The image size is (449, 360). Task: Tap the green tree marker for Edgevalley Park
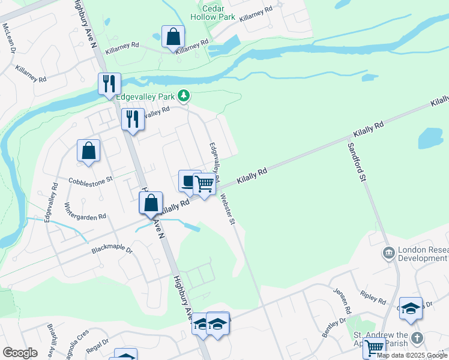(185, 95)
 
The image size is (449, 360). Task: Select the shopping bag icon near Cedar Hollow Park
(173, 37)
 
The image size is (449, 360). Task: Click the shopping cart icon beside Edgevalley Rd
(204, 184)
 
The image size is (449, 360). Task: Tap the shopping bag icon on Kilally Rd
(151, 203)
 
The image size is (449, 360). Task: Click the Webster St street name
(227, 209)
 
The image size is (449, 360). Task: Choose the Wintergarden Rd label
(85, 211)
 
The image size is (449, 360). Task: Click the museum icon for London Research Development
(388, 254)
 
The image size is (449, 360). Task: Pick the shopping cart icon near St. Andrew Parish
(374, 347)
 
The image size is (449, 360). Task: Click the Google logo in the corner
(20, 353)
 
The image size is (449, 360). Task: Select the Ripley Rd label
(372, 297)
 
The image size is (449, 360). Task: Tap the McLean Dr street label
(8, 38)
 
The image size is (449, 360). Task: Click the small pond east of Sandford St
(430, 139)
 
